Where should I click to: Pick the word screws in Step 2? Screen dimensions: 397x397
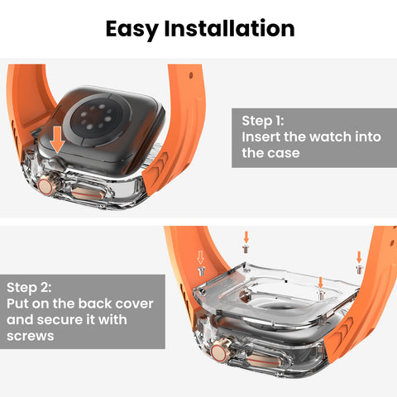pos(30,337)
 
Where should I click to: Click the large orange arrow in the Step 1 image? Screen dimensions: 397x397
pos(55,140)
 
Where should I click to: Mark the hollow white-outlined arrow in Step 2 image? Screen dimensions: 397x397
pos(198,258)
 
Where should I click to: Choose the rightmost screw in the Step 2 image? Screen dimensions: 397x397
pos(358,269)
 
